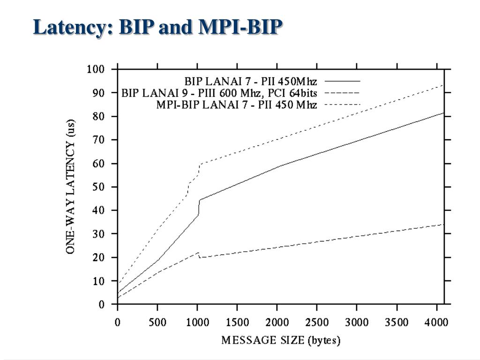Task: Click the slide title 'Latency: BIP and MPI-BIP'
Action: pyautogui.click(x=158, y=28)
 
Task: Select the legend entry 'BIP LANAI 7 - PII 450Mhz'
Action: pyautogui.click(x=250, y=81)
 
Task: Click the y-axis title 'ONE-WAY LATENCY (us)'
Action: pyautogui.click(x=71, y=187)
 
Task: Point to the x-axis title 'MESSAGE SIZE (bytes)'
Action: pyautogui.click(x=281, y=340)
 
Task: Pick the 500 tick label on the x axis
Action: pyautogui.click(x=157, y=323)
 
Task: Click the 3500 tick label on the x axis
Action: pyautogui.click(x=397, y=323)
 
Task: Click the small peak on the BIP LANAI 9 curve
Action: pyautogui.click(x=198, y=252)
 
